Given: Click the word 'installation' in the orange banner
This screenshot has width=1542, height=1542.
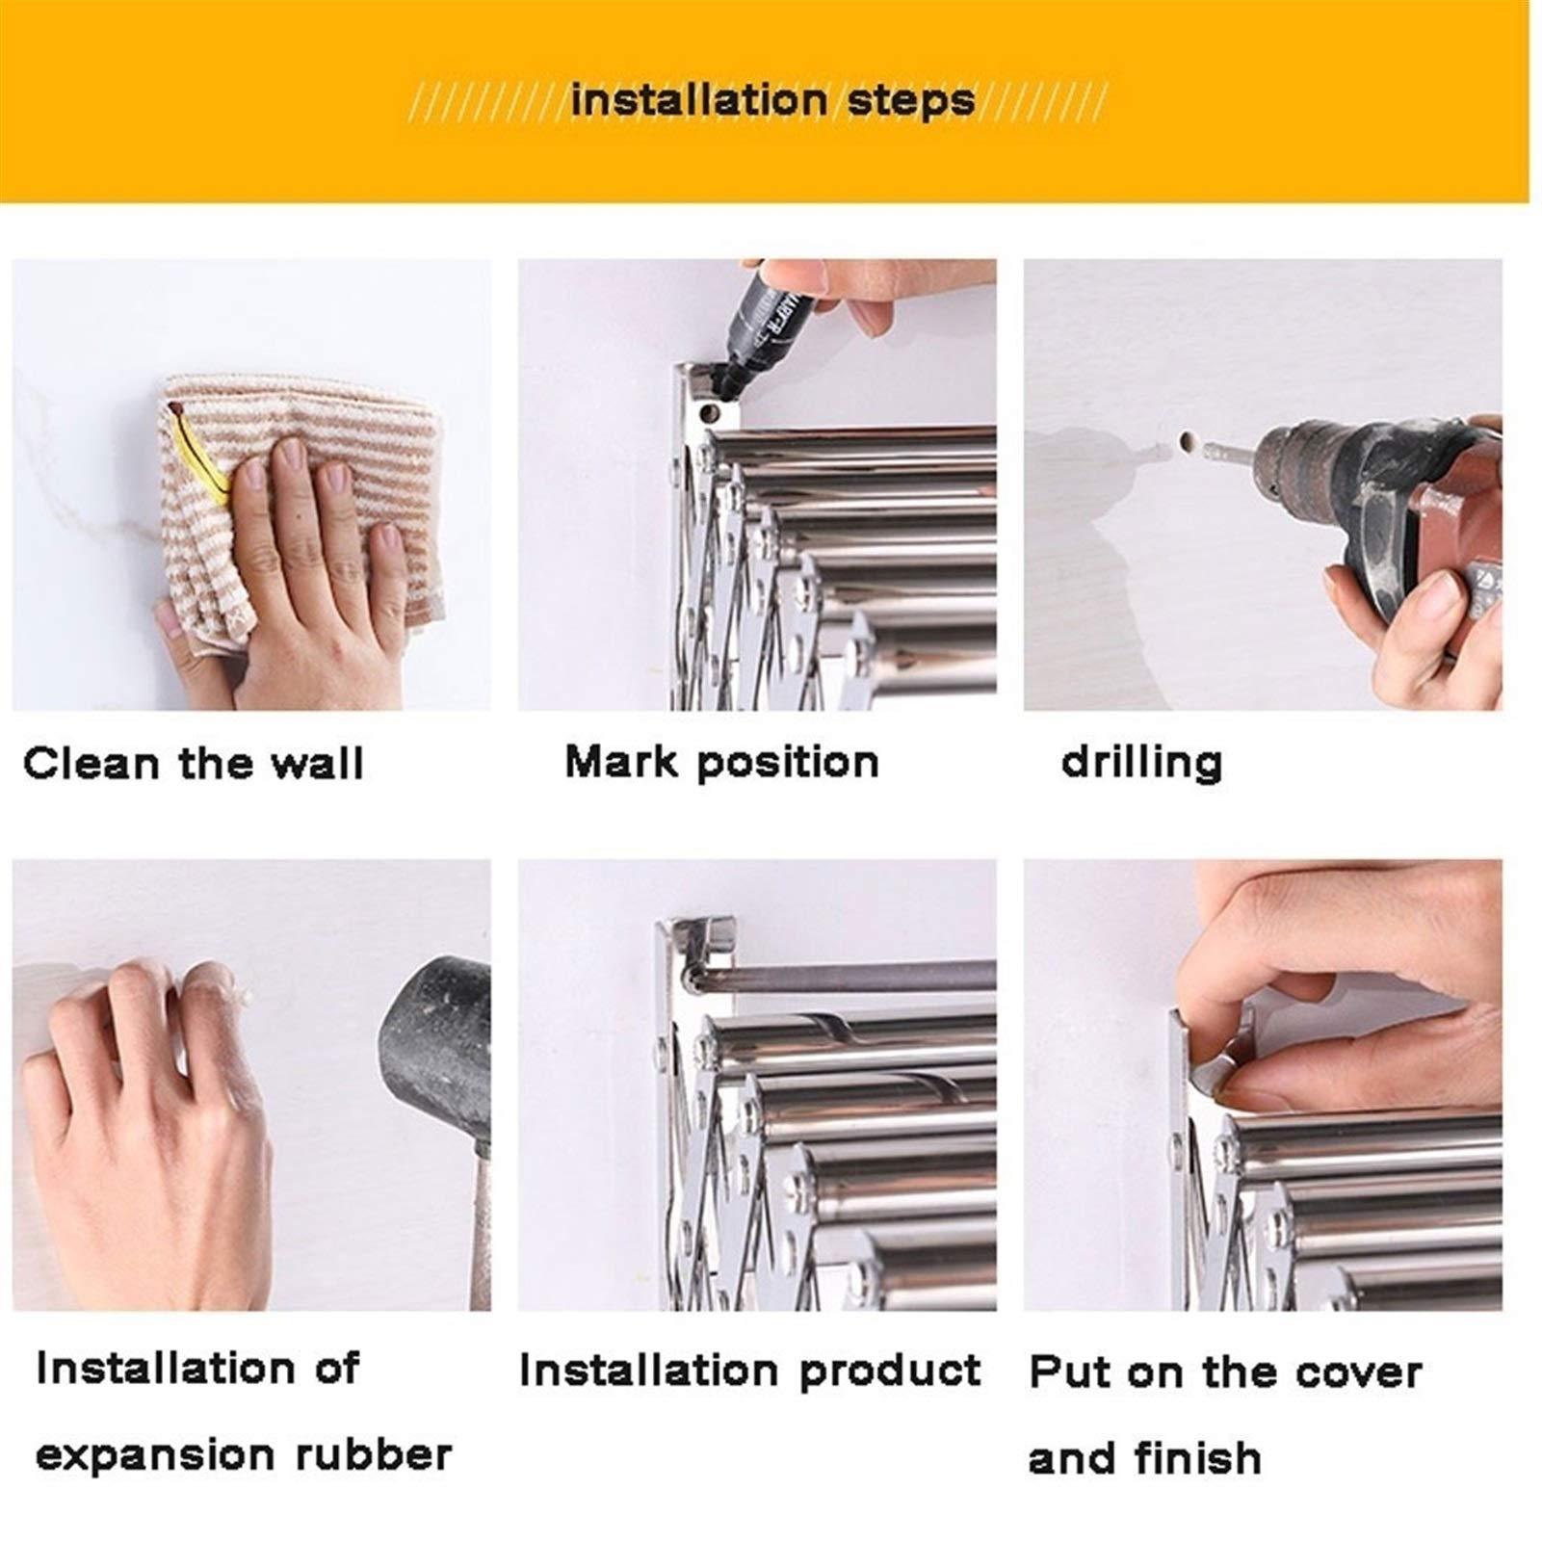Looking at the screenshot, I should coord(698,100).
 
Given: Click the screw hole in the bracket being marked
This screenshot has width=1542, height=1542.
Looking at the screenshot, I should coord(711,415).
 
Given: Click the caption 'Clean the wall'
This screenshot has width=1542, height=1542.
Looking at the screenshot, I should coord(193,764).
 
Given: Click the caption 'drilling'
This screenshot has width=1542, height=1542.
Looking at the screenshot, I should coord(1141,763).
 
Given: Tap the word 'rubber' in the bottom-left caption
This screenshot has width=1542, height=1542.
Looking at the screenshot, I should coord(373,1454).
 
